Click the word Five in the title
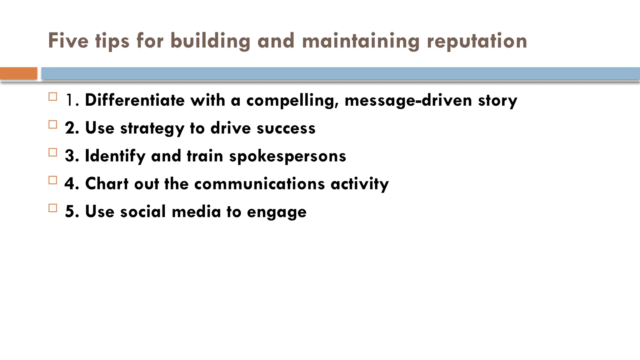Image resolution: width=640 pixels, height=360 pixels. (x=68, y=41)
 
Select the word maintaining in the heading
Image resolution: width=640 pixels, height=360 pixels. (x=361, y=41)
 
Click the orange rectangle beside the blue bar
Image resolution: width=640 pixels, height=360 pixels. (x=18, y=73)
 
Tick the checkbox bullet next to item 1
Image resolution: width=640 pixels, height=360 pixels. (x=53, y=97)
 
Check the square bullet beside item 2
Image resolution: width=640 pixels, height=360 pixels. (x=53, y=125)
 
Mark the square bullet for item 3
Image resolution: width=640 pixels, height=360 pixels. (x=53, y=152)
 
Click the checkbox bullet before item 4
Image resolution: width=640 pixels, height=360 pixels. (x=53, y=180)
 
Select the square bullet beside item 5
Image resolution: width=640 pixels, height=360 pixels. (x=53, y=208)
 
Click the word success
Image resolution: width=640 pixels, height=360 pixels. (x=286, y=128)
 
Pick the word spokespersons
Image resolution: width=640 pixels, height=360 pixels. (x=287, y=156)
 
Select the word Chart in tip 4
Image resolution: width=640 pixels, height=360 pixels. (x=107, y=183)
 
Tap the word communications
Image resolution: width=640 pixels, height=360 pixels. (x=259, y=184)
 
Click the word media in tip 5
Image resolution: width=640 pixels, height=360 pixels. (x=196, y=212)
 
